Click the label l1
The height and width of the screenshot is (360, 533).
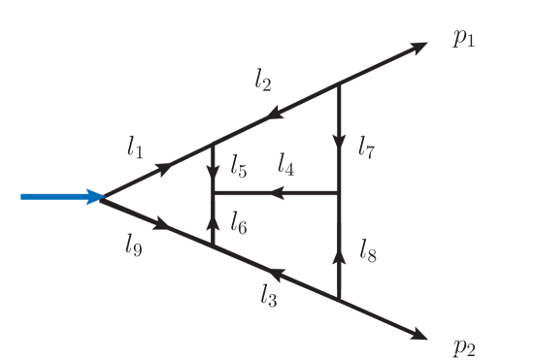click(x=134, y=147)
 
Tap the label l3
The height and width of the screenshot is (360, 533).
click(x=268, y=296)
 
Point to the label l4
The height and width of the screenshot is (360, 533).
click(x=285, y=167)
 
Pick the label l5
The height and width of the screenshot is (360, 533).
click(x=239, y=167)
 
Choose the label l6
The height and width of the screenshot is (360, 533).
click(x=239, y=225)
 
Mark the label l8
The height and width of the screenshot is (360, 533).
click(x=366, y=252)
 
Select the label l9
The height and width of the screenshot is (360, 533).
click(x=134, y=245)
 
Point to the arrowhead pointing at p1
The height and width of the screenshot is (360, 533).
click(x=418, y=47)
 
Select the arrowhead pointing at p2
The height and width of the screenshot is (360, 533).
click(x=419, y=335)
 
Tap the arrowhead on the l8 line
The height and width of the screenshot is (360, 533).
click(x=339, y=256)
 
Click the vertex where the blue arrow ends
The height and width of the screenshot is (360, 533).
click(x=102, y=197)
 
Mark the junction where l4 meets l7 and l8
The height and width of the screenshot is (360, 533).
click(x=339, y=193)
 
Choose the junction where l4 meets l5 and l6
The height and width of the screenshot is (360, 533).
click(x=213, y=193)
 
